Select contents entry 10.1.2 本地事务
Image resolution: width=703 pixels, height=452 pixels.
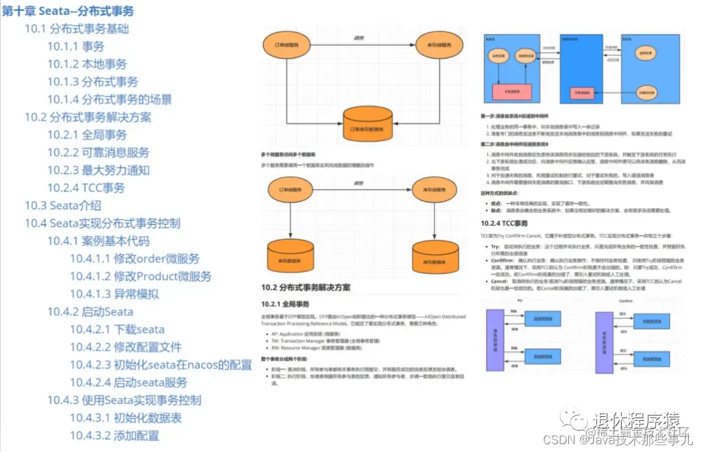pyautogui.click(x=87, y=64)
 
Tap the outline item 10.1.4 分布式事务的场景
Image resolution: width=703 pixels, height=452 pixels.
pyautogui.click(x=109, y=100)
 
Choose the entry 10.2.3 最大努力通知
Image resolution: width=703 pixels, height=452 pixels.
pyautogui.click(x=98, y=170)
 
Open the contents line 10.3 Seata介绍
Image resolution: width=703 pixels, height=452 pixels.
pyautogui.click(x=63, y=206)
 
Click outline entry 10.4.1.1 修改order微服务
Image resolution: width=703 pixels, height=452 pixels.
pyautogui.click(x=135, y=259)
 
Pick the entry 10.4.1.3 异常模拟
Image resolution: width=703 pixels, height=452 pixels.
pyautogui.click(x=115, y=294)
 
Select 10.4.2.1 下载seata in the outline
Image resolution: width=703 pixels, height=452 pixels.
pyautogui.click(x=117, y=329)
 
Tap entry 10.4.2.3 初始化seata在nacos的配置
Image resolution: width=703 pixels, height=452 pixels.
pyautogui.click(x=161, y=365)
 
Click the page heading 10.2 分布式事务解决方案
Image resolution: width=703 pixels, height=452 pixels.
pyautogui.click(x=305, y=287)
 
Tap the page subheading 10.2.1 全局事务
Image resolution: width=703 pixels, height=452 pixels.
pyautogui.click(x=285, y=303)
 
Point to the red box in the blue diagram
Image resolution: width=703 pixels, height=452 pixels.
pyautogui.click(x=510, y=90)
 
